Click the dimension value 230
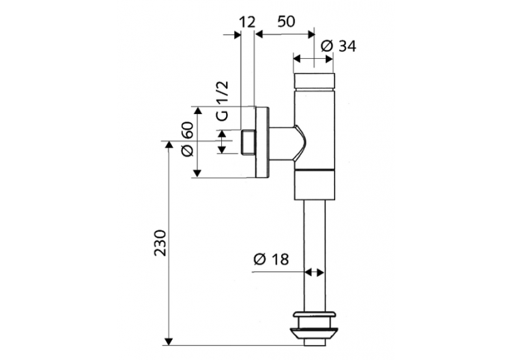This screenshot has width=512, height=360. [x=160, y=243]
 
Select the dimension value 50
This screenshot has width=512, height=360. [x=287, y=21]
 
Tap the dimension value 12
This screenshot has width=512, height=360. [x=246, y=21]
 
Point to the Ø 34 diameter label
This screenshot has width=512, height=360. [x=338, y=46]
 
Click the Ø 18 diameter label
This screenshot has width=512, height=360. [x=271, y=260]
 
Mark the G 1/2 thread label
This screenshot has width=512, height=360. [x=223, y=100]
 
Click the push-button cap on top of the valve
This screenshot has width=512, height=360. [x=314, y=81]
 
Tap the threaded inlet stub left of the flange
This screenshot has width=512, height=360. [x=248, y=142]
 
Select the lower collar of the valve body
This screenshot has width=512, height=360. [x=314, y=184]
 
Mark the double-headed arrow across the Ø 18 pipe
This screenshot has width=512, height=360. [x=314, y=272]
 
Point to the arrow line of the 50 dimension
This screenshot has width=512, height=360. [x=284, y=32]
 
